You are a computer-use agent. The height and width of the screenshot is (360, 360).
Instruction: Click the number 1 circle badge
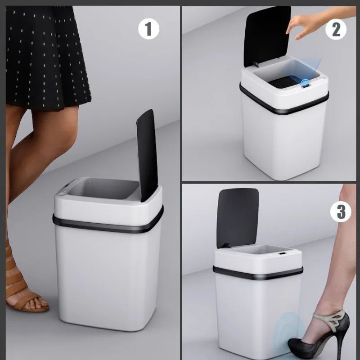tap(148, 29)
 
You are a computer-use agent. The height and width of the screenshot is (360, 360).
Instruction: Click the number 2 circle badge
tap(336, 29)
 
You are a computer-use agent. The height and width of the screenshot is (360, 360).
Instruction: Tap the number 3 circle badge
tap(341, 211)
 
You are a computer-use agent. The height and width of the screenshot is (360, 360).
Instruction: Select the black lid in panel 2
tap(266, 36)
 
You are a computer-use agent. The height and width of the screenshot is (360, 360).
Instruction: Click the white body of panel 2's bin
tap(283, 139)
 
